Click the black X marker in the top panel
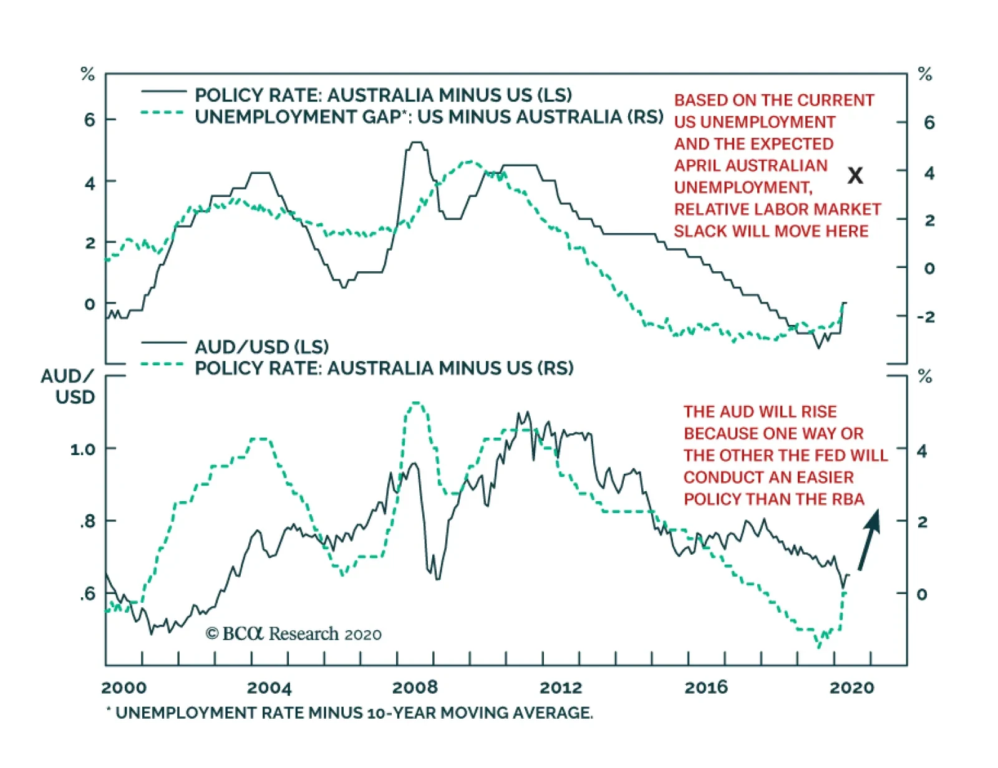click(x=855, y=176)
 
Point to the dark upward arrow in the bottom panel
click(x=869, y=540)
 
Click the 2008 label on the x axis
click(x=415, y=688)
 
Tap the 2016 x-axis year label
click(x=706, y=688)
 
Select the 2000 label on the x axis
click(x=124, y=688)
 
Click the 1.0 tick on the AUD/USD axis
click(x=83, y=449)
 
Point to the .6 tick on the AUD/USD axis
click(x=87, y=593)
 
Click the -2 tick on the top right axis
click(x=926, y=317)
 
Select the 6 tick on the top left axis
click(x=90, y=120)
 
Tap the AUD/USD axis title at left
click(x=68, y=386)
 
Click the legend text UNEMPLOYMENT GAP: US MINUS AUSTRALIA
click(x=429, y=117)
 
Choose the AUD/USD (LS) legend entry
click(x=261, y=347)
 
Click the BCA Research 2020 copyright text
click(x=293, y=634)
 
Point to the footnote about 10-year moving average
click(x=349, y=713)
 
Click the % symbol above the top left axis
click(x=87, y=75)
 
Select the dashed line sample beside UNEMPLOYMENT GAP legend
click(x=162, y=113)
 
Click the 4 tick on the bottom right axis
click(x=922, y=451)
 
